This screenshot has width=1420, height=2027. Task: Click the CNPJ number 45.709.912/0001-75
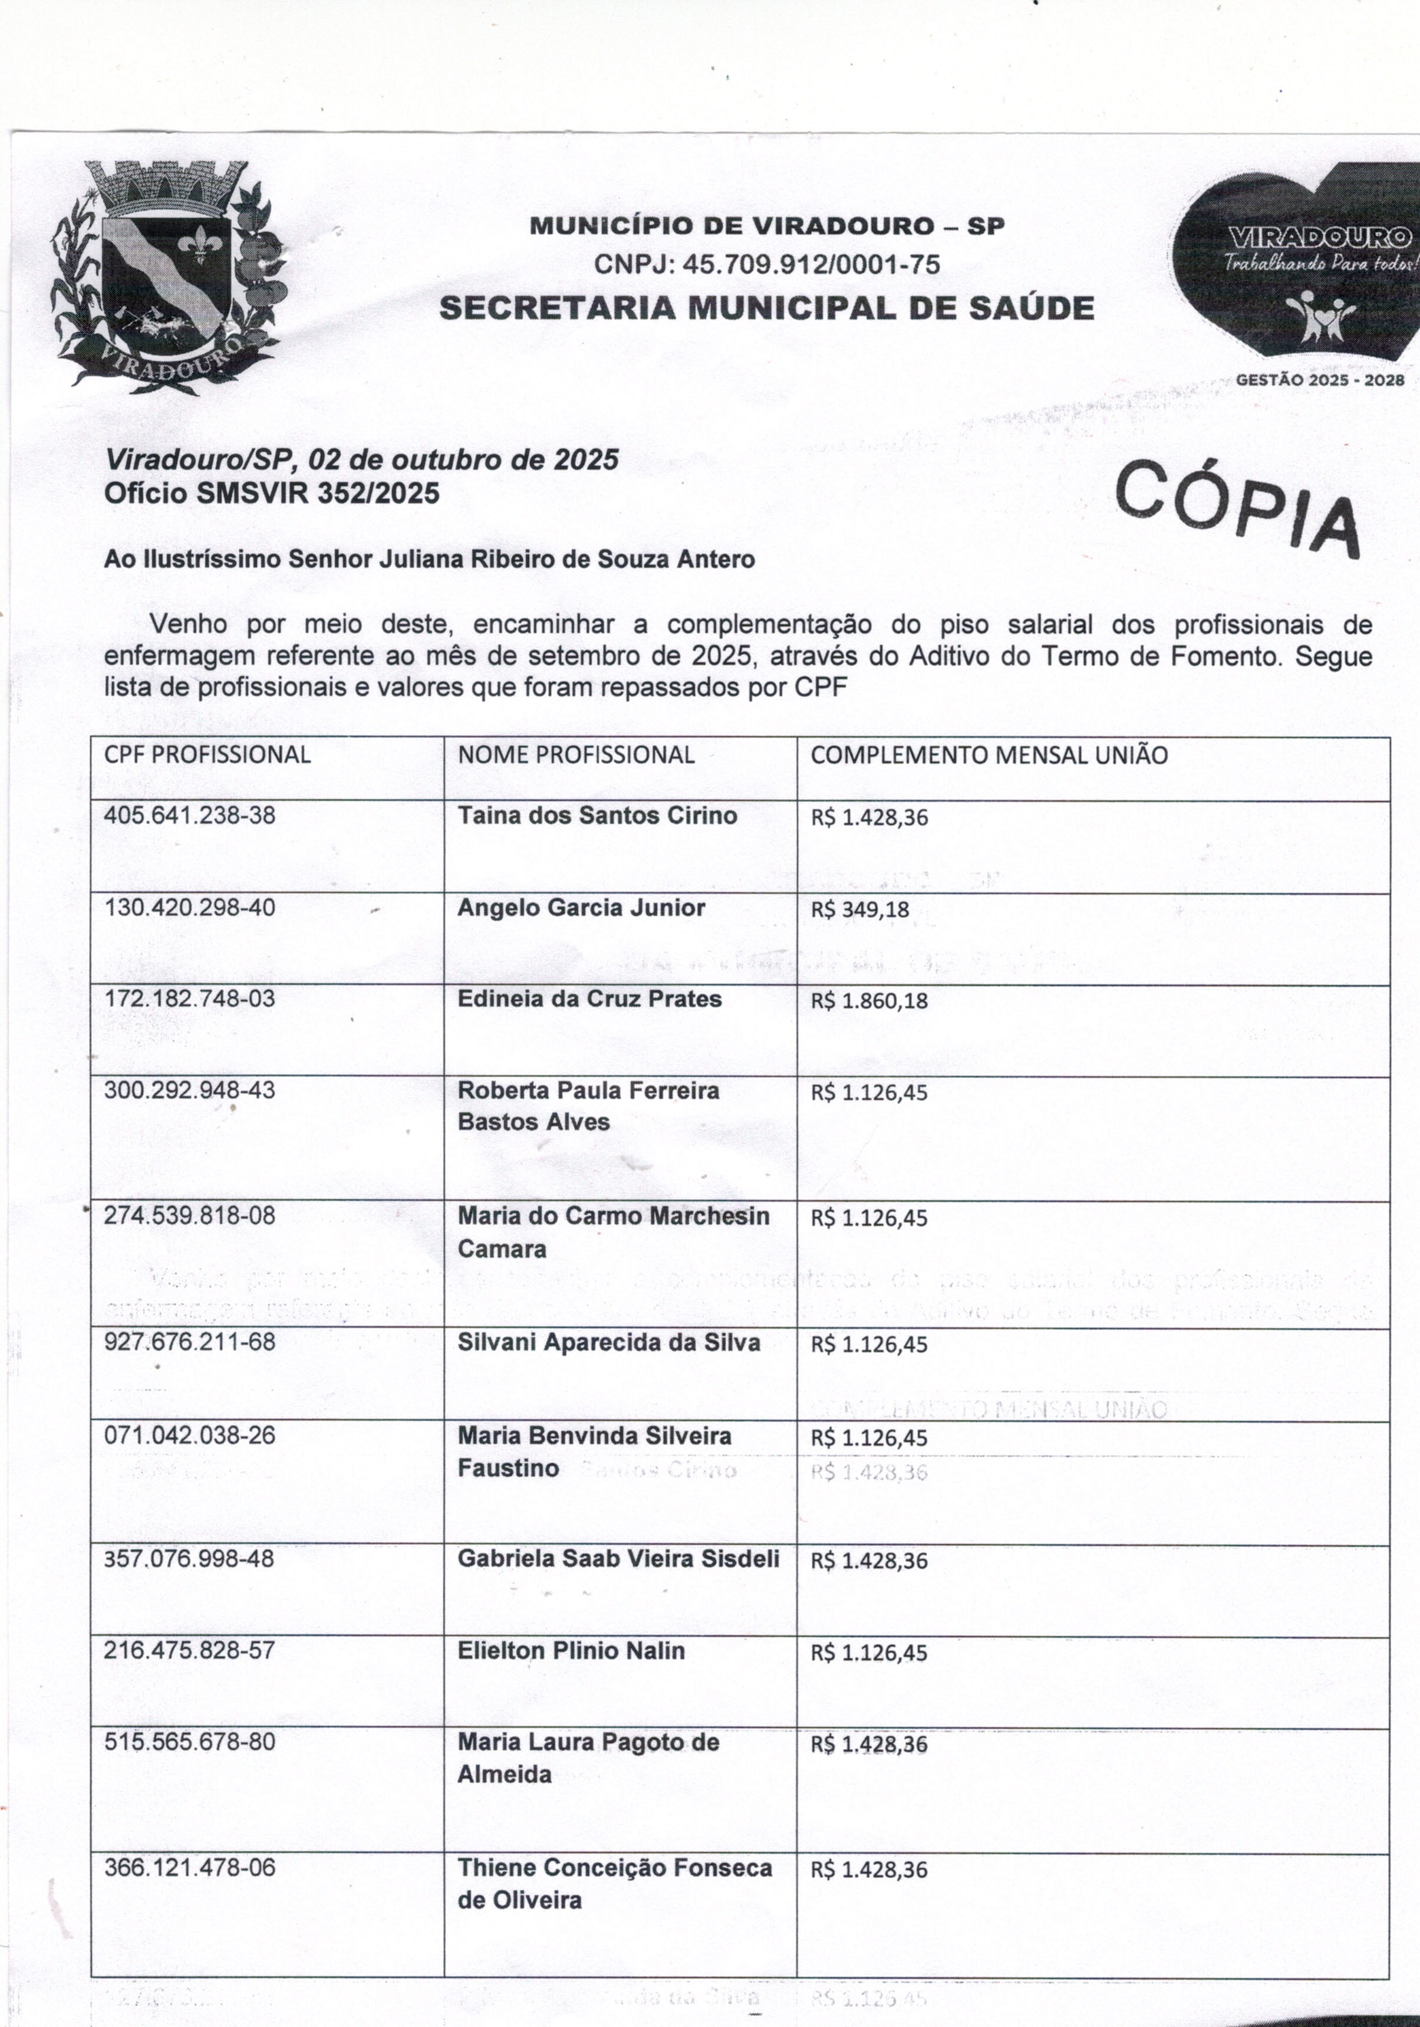point(766,264)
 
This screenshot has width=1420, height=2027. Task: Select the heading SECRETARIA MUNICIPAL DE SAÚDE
point(766,308)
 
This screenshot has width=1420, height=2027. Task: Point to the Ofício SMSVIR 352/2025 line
point(272,492)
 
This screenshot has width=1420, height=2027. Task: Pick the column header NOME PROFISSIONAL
point(575,755)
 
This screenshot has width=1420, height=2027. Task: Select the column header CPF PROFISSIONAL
point(207,755)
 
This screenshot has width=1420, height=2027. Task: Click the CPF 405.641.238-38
point(190,815)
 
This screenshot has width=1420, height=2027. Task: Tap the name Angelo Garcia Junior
point(581,908)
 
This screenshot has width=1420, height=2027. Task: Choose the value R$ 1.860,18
point(869,1001)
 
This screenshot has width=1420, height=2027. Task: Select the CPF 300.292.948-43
point(190,1090)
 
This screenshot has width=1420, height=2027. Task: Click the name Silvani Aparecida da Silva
point(608,1343)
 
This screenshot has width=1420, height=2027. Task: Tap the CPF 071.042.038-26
point(190,1435)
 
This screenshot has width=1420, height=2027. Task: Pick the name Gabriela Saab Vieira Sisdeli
point(618,1559)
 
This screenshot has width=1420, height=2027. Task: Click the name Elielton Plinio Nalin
point(570,1651)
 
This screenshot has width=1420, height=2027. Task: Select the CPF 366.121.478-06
point(190,1868)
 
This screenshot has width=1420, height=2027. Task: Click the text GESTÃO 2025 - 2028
point(1319,380)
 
